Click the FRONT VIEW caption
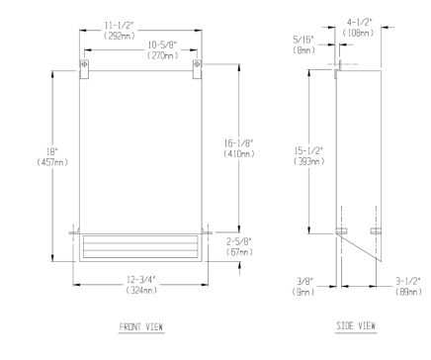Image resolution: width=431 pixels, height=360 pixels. [x=141, y=326]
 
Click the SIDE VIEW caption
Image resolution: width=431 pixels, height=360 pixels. [x=356, y=325]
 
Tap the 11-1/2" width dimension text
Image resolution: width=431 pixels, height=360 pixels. [x=119, y=25]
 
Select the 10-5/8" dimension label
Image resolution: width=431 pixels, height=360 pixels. [x=162, y=45]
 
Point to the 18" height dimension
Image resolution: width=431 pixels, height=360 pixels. [x=52, y=152]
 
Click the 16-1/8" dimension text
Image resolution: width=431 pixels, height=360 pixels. [x=238, y=143]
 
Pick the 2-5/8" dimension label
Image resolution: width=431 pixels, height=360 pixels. [x=239, y=241]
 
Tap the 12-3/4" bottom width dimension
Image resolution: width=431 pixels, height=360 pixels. [x=141, y=280]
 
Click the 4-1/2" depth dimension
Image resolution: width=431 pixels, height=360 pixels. [x=359, y=23]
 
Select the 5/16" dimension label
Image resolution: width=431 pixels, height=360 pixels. [x=303, y=40]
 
